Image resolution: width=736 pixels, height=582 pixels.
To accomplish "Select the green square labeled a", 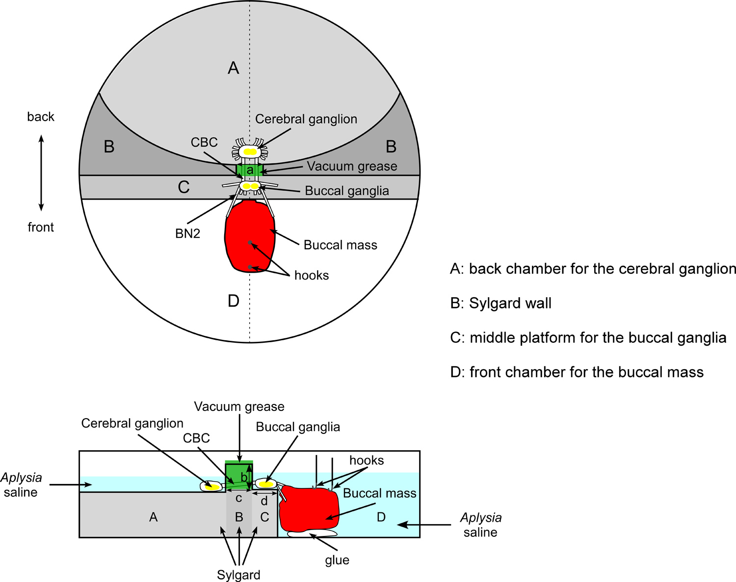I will click(250, 170).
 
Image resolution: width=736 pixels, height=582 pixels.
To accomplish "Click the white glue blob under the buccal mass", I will click(312, 533).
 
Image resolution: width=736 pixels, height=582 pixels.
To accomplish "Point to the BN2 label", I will click(188, 233).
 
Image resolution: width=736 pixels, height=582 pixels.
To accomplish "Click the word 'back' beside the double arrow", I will click(41, 117).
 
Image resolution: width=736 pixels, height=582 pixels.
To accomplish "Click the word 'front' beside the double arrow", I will click(41, 227).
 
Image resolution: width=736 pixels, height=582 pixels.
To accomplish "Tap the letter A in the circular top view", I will click(234, 68).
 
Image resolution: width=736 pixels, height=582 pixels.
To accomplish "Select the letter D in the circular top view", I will click(234, 301).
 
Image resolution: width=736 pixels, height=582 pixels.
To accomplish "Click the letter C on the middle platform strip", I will click(184, 187).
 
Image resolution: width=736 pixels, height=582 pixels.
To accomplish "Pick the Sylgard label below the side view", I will click(238, 575).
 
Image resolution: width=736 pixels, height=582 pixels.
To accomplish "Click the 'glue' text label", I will click(337, 560).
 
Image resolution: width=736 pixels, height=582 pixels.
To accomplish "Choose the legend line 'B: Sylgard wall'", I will click(500, 304).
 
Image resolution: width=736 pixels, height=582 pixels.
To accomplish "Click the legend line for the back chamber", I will click(593, 269).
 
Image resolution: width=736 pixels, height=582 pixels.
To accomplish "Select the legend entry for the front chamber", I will click(577, 372).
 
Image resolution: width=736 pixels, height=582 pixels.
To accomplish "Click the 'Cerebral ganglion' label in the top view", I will click(306, 119).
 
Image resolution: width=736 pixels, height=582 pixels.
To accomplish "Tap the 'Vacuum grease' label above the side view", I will click(239, 406).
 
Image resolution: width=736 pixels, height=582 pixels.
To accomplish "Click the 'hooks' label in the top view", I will click(312, 275).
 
